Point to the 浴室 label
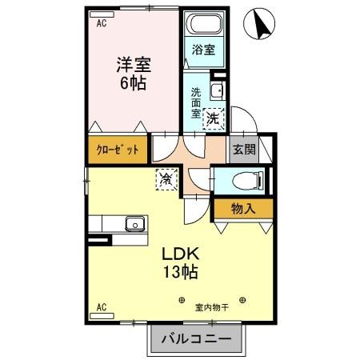[x=203, y=50]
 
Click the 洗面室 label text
[x=195, y=102]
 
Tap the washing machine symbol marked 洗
[x=213, y=118]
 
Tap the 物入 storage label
[x=242, y=210]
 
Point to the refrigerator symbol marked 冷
[x=165, y=178]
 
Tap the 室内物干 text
[x=211, y=305]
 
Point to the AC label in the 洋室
[x=102, y=24]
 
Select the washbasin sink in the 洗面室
[x=216, y=90]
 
